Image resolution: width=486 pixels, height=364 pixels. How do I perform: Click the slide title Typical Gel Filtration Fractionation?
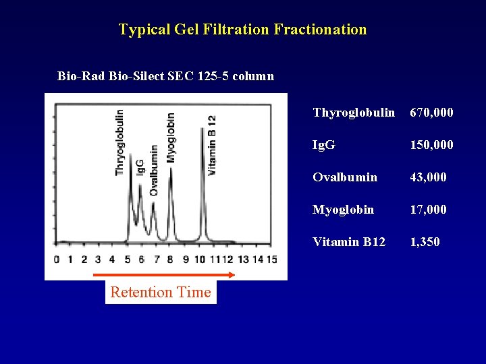243,30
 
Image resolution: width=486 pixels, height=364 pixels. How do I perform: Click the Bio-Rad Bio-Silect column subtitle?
165,76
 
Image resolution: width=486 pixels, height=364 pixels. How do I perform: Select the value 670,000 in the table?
431,113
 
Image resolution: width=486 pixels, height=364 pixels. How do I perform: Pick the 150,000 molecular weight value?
431,145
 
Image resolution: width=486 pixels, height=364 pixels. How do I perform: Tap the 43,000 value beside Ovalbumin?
428,177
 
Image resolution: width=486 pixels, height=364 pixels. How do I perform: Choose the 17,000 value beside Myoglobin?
428,210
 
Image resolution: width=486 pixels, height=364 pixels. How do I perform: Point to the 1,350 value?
425,242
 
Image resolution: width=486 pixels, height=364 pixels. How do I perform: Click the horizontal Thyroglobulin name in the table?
354,113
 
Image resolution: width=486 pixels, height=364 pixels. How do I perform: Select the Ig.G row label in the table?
324,145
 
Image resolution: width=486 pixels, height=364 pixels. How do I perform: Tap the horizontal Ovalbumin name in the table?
345,177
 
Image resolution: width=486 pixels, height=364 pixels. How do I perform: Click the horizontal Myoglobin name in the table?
343,210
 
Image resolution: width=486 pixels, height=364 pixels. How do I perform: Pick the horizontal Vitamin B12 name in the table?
349,242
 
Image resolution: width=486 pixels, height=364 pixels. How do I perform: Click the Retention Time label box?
161,292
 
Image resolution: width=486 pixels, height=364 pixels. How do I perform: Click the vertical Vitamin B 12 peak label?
211,145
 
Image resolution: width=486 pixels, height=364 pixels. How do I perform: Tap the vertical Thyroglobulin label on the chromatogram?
119,142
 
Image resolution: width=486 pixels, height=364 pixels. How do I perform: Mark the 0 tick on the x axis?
56,260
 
